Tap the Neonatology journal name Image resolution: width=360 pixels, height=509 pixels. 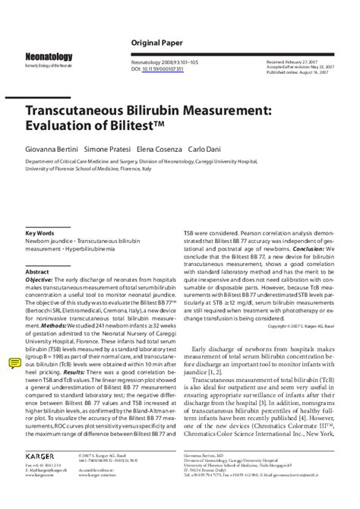49,57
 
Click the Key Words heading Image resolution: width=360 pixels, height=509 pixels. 39,232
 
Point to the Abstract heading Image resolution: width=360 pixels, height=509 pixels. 37,271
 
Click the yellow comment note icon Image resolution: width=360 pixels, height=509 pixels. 14,362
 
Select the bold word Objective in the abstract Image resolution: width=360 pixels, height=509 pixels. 39,279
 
